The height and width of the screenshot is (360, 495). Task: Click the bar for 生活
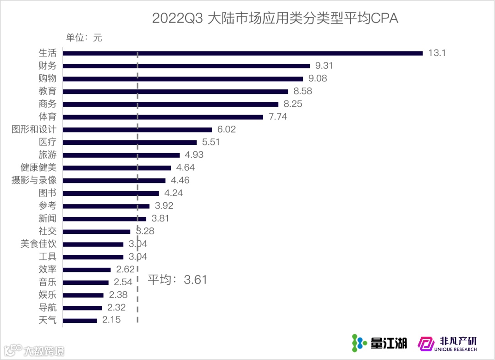pyautogui.click(x=242, y=53)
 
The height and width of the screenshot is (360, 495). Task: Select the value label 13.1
pyautogui.click(x=437, y=53)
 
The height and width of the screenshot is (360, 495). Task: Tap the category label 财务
pyautogui.click(x=48, y=66)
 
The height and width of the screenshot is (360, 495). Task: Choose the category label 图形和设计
pyautogui.click(x=34, y=130)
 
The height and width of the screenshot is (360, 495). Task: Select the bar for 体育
pyautogui.click(x=163, y=117)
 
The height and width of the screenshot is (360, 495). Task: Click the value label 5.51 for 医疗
pyautogui.click(x=211, y=142)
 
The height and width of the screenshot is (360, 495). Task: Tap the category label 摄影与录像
pyautogui.click(x=34, y=181)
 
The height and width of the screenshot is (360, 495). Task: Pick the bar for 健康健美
pyautogui.click(x=116, y=168)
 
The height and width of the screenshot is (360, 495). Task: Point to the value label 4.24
pyautogui.click(x=173, y=193)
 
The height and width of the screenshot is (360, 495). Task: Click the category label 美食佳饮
pyautogui.click(x=38, y=244)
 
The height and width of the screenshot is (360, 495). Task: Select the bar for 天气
pyautogui.click(x=80, y=321)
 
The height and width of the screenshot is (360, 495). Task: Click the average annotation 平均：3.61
pyautogui.click(x=177, y=280)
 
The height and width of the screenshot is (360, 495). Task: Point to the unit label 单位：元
pyautogui.click(x=84, y=38)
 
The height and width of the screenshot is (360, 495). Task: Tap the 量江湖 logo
pyautogui.click(x=379, y=343)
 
